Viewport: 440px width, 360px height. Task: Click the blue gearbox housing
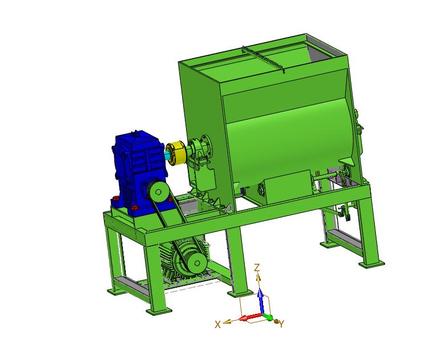point(137,170)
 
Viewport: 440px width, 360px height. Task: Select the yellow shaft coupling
point(176,153)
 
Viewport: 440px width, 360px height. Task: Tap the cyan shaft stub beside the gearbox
point(166,154)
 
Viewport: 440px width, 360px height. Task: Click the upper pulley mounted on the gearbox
point(158,192)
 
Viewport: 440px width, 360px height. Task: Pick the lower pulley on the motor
point(197,263)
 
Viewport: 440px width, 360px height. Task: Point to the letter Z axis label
point(257,267)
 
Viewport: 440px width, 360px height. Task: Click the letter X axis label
point(218,324)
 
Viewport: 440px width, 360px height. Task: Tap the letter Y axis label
point(282,324)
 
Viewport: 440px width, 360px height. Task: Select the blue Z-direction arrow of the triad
point(261,301)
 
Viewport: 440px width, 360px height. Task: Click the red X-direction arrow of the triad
point(252,317)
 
